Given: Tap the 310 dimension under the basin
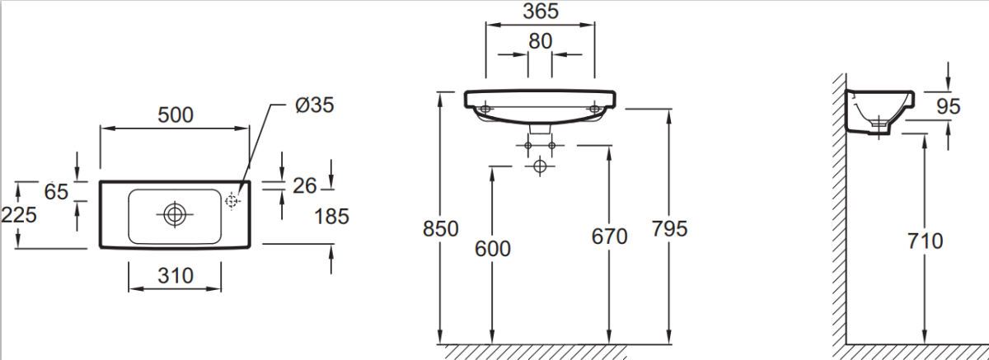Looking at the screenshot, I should [174, 275].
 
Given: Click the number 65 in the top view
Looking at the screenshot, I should [55, 192].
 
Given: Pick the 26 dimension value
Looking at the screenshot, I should [305, 186].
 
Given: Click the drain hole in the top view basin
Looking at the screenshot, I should [174, 215].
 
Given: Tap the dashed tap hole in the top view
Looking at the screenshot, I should [232, 199].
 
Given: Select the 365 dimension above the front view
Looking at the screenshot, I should [541, 12].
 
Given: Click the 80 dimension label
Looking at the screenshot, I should [540, 40].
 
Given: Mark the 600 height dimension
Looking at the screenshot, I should [493, 248].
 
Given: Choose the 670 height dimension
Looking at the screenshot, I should [609, 236].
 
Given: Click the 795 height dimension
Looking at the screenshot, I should [668, 229].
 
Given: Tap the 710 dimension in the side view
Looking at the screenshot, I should [924, 241].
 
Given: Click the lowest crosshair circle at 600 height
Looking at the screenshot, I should [540, 166].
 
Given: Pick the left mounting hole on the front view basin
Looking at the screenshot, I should [485, 109].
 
